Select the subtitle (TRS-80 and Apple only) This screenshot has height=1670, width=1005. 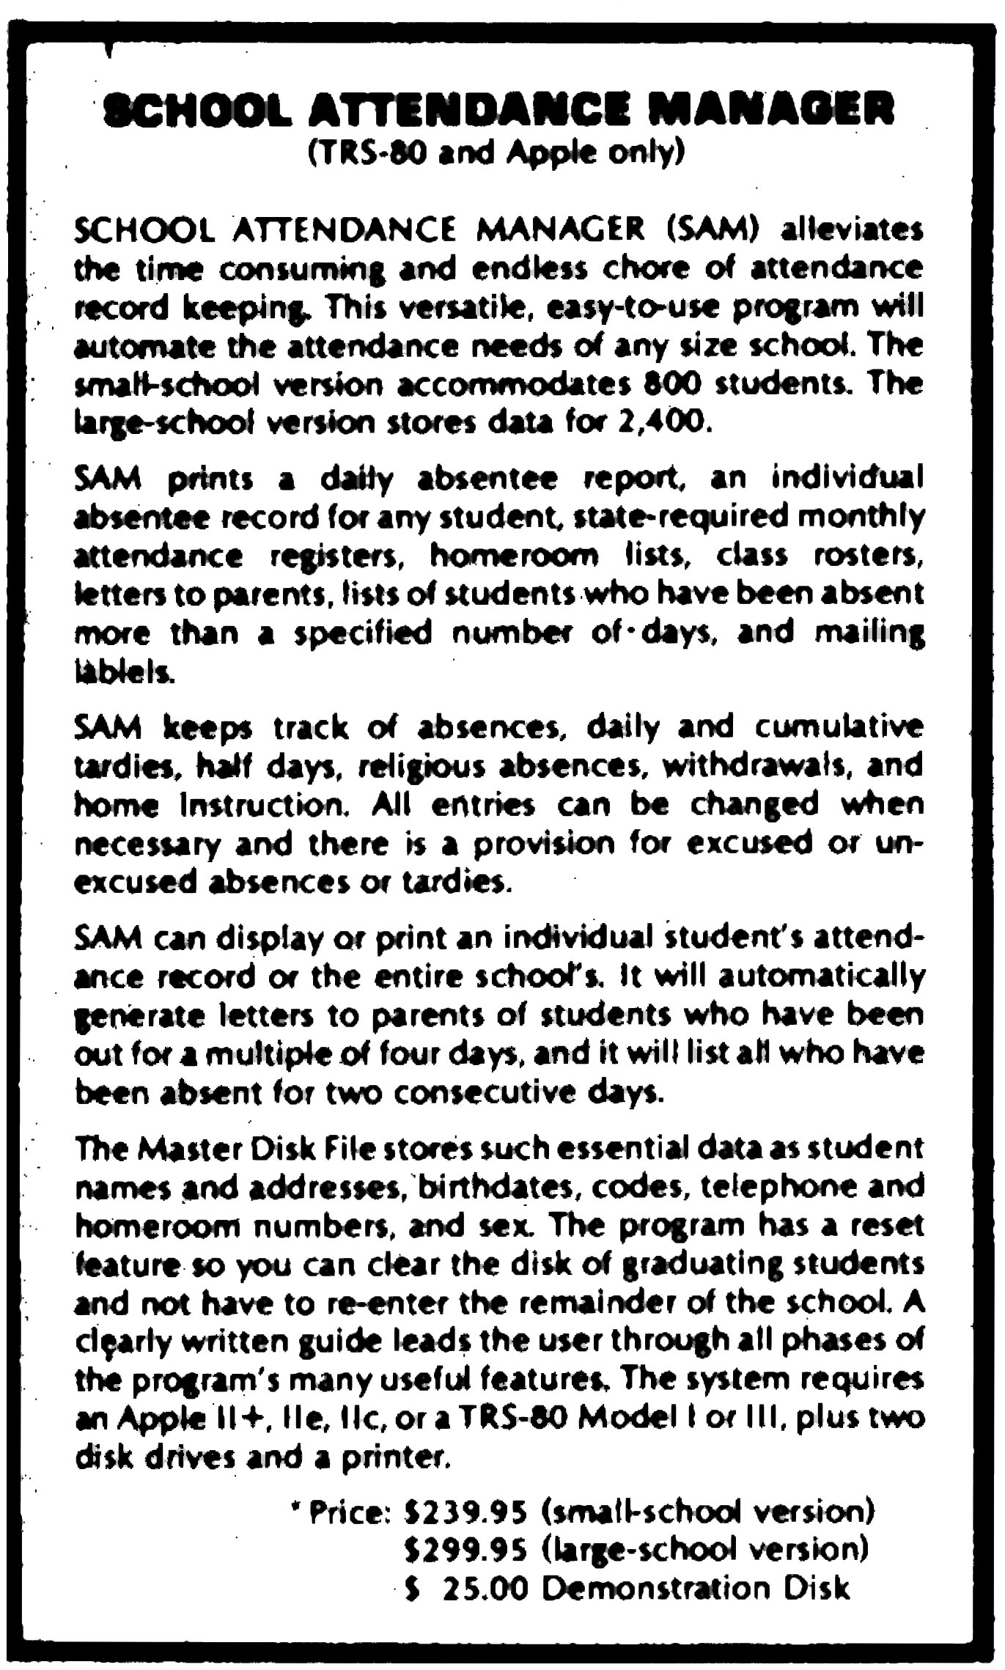click(496, 154)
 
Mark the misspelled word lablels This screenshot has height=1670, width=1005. click(125, 671)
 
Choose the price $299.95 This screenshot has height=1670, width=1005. click(466, 1549)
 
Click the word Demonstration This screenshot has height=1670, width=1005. click(657, 1589)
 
